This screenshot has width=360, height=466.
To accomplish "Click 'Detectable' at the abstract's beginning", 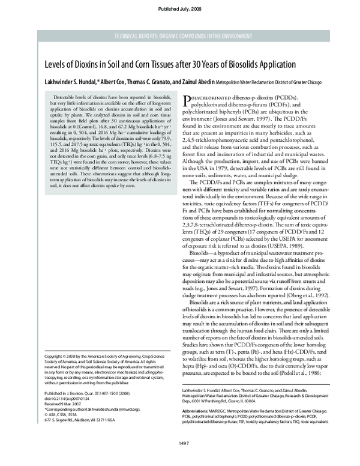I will tap(68, 96).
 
